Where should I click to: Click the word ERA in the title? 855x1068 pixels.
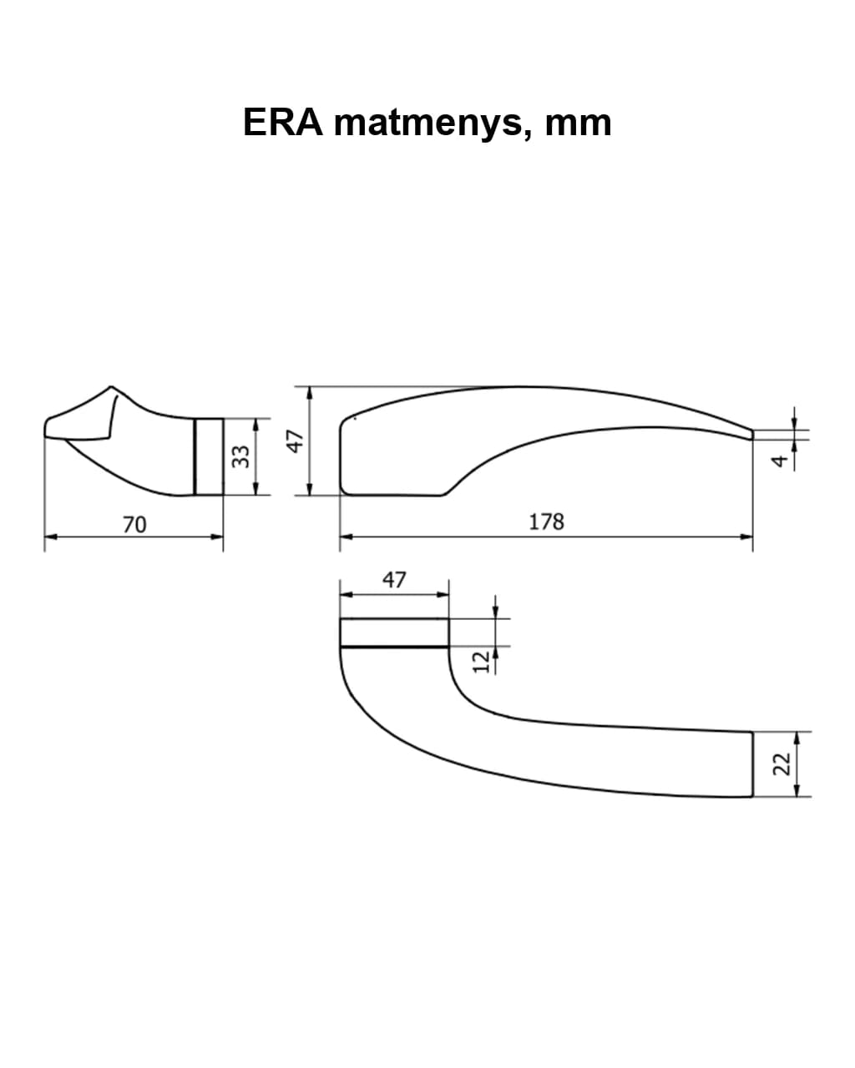[x=283, y=122]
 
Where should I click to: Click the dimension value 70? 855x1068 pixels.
[x=134, y=525]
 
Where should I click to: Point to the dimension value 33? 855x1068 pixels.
[x=240, y=456]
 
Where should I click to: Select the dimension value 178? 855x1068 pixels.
[x=546, y=521]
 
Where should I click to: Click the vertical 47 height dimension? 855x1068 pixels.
[x=296, y=441]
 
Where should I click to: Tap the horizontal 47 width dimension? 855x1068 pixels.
[x=394, y=580]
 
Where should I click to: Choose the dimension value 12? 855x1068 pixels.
[x=481, y=662]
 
